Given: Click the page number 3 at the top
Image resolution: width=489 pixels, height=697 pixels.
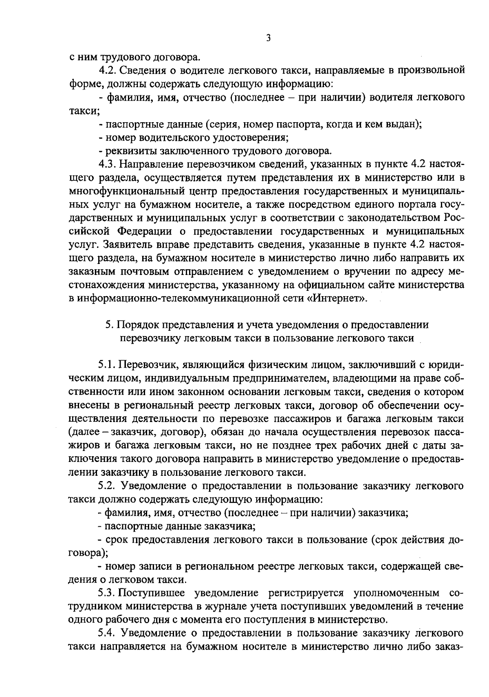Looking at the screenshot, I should pos(268,38).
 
